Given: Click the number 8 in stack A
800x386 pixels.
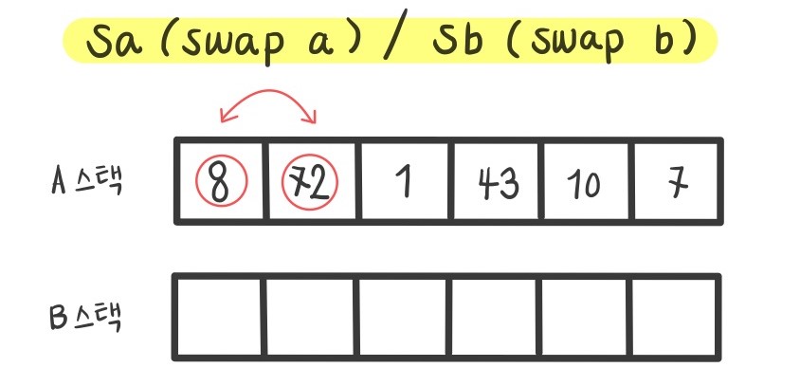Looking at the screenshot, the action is click(x=220, y=183).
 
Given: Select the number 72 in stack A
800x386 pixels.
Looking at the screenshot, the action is click(x=311, y=183).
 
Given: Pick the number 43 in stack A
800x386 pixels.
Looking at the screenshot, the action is click(x=497, y=183).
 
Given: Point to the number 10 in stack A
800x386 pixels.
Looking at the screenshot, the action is click(x=586, y=185).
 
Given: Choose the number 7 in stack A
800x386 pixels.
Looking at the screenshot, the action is click(x=676, y=183).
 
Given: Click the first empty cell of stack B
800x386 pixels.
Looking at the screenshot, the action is click(x=219, y=318).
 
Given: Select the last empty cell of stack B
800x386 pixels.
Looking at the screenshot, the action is click(x=676, y=318).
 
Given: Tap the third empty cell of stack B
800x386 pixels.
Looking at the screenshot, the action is click(x=402, y=318).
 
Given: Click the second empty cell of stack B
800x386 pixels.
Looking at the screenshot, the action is click(x=310, y=318).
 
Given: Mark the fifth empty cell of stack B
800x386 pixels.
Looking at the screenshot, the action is click(x=585, y=318).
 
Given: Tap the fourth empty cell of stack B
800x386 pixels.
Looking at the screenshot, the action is click(x=494, y=318).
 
